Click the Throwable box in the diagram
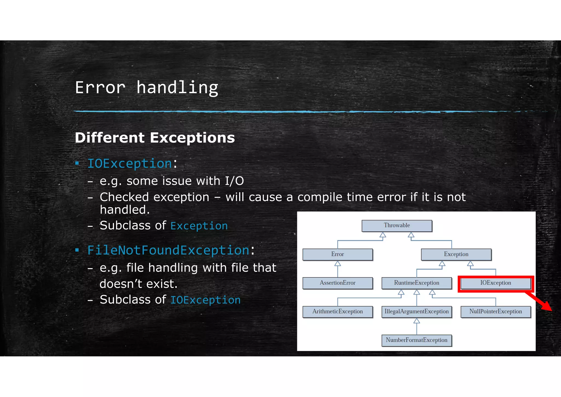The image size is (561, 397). coord(397,226)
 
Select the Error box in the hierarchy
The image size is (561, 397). coord(337,254)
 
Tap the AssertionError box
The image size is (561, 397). coord(337,283)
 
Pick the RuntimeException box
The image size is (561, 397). coord(416,283)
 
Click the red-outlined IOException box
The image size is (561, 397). coord(496,283)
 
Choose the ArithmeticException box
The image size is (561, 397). coord(337,312)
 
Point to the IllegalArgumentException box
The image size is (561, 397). coord(416,312)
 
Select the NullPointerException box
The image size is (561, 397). coord(496,312)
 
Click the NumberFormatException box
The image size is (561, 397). coord(416,340)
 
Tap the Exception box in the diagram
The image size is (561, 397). coord(456,254)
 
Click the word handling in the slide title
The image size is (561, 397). coord(177,88)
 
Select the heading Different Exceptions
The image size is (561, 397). coord(155,138)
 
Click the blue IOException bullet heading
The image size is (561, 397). coord(130,164)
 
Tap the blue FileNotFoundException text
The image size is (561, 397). coord(168,250)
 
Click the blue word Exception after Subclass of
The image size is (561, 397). coord(199,226)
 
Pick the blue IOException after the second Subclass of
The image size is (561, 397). coord(205,300)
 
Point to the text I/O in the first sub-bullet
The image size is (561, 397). coord(234,181)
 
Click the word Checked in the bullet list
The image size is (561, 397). coord(124,197)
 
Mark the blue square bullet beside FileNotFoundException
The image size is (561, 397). coord(77,250)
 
